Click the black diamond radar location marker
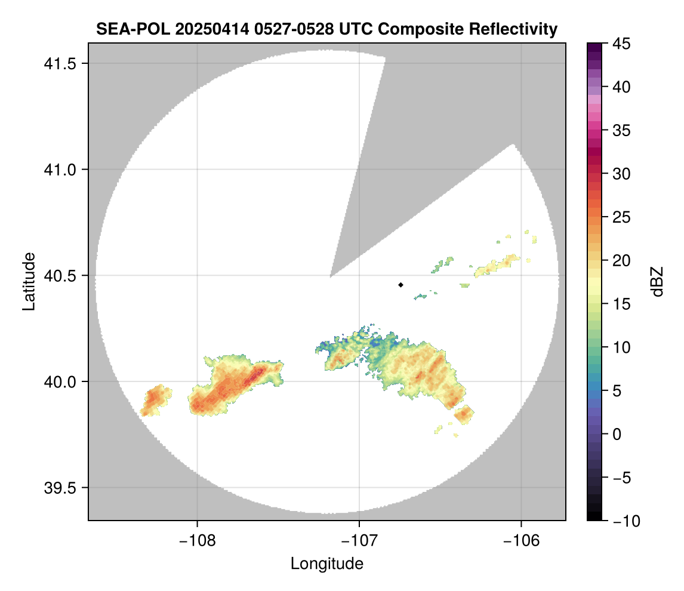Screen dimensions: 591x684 coord(400,285)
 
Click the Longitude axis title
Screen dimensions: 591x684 coord(326,563)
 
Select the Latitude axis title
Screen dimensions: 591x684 coord(28,281)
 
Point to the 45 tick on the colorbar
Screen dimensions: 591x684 coord(620,44)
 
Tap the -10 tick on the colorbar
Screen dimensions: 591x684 coord(624,521)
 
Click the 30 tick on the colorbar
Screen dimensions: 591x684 coord(620,174)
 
